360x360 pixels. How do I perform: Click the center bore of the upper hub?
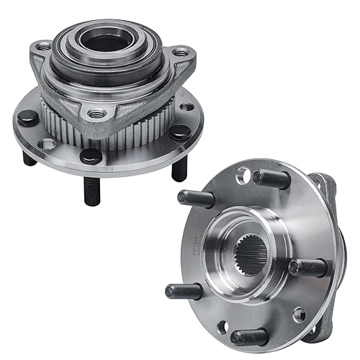107,42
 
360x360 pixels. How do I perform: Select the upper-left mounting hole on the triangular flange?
45,47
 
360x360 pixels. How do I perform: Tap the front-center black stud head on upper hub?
91,154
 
